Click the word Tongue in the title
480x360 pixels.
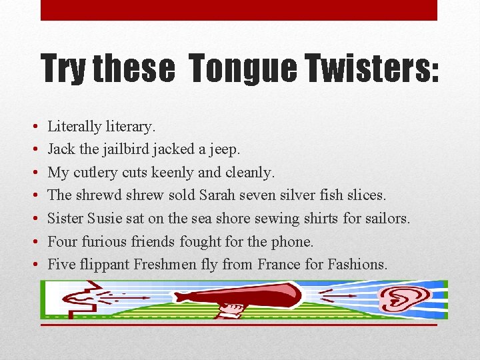point(242,68)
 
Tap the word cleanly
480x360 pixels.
point(250,173)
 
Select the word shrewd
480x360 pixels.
point(102,195)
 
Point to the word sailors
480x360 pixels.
point(386,218)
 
